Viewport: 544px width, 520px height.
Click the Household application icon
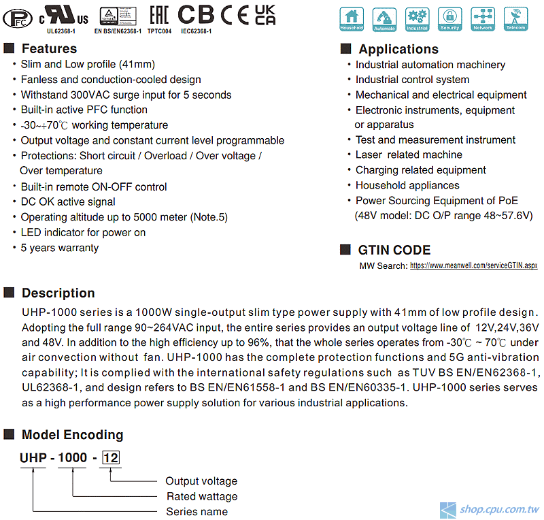pos(352,19)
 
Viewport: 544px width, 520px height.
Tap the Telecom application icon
pos(515,19)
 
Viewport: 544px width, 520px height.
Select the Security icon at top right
pos(449,19)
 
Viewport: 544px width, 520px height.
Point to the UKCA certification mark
pos(265,14)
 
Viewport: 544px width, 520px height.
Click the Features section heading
pos(49,48)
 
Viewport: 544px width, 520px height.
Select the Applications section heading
pos(398,49)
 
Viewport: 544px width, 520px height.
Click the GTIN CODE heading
pos(394,250)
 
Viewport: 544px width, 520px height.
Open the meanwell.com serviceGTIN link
pos(473,265)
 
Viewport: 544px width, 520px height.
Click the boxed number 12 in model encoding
pos(110,458)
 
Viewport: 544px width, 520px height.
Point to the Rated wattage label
pos(202,496)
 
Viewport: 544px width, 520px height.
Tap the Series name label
pos(197,511)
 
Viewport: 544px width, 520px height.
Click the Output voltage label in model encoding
pos(201,481)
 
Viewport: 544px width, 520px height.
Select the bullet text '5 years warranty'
pos(60,248)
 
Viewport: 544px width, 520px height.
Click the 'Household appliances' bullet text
pos(407,185)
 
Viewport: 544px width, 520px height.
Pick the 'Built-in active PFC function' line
pos(84,110)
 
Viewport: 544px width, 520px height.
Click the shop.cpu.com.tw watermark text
pos(499,509)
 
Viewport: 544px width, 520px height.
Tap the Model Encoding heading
pos(72,434)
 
